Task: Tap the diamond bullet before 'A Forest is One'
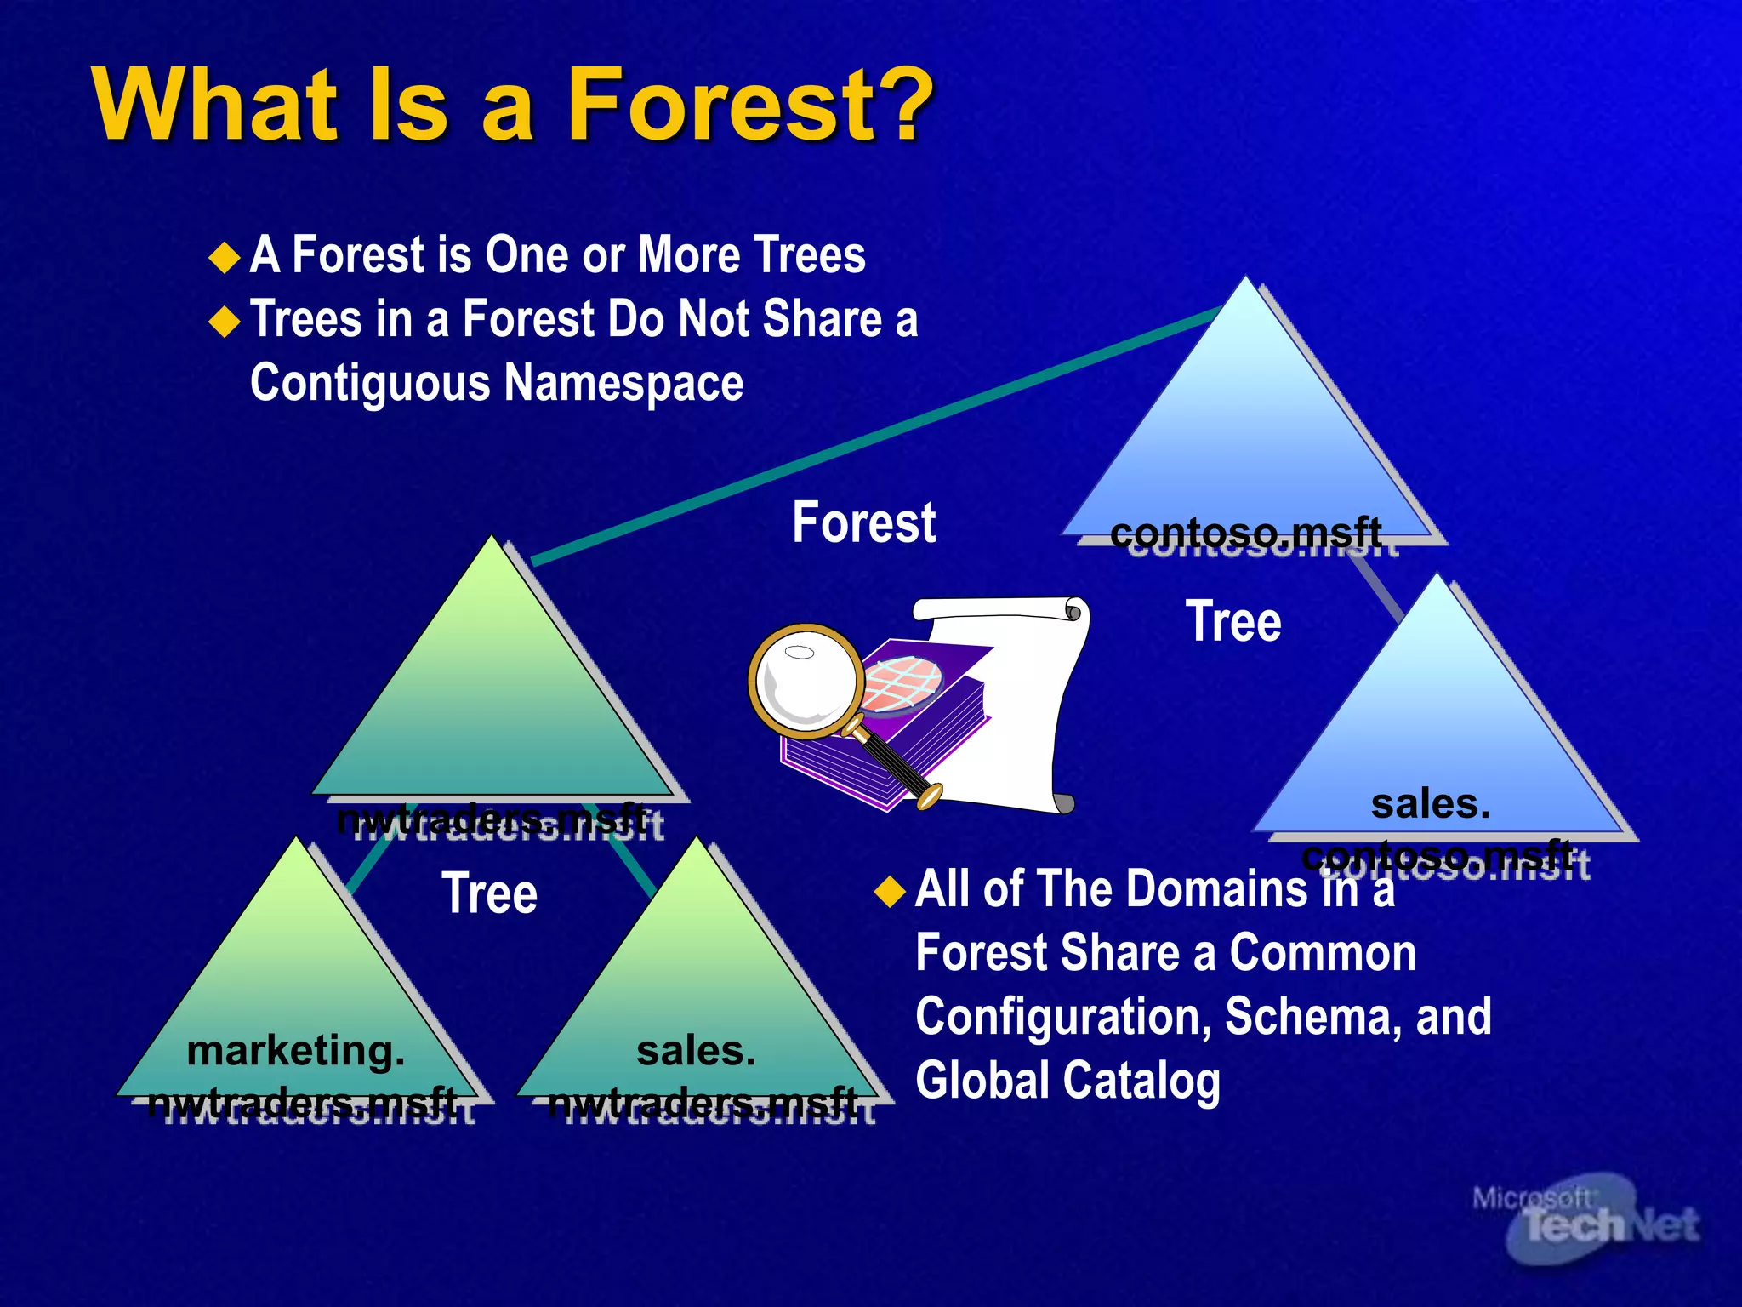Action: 225,257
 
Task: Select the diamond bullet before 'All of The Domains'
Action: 890,891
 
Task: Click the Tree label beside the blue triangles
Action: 1232,621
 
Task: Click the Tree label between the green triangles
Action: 489,893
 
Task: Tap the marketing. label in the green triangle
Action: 295,1050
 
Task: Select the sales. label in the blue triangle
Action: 1430,803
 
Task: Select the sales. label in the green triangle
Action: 696,1050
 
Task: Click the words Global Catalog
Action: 1067,1081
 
